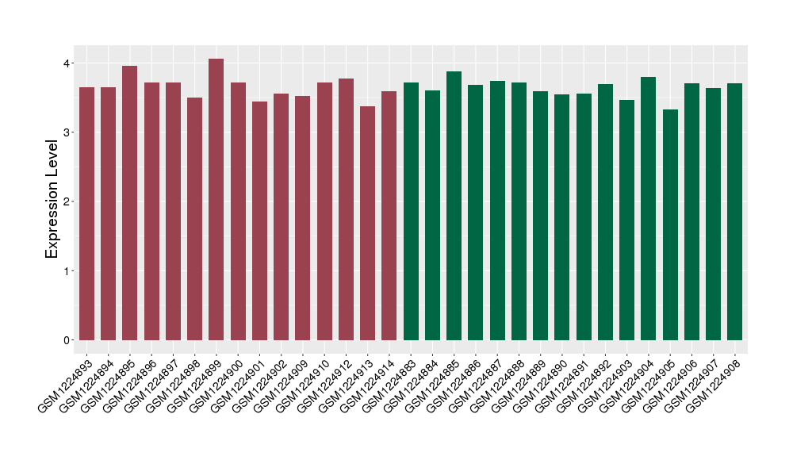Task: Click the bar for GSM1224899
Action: [216, 199]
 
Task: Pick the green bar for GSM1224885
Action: [454, 205]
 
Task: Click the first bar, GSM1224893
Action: [86, 213]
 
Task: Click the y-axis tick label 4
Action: [67, 63]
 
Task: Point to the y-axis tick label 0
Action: [67, 340]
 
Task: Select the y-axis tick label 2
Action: [67, 201]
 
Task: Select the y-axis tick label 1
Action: [67, 271]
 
